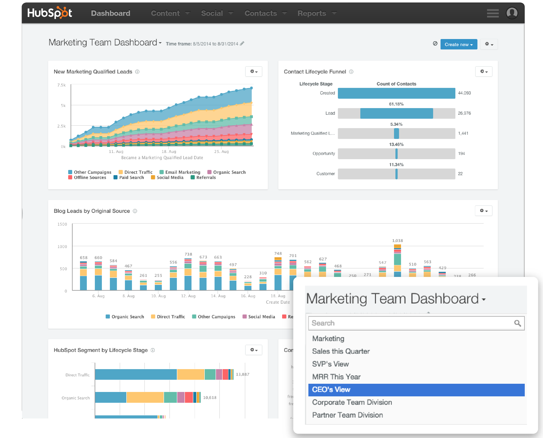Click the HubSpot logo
click(50, 13)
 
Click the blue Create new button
click(458, 44)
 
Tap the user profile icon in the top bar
click(512, 13)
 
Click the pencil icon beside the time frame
click(242, 44)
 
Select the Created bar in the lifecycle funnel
click(396, 93)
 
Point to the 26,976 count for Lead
click(464, 113)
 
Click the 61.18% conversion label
click(396, 104)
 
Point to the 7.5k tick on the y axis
click(61, 85)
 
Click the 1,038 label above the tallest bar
click(397, 241)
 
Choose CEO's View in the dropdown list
click(416, 390)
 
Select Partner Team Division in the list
click(347, 415)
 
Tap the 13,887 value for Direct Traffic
click(242, 374)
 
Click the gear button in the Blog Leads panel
click(483, 211)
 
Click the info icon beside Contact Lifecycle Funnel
click(351, 72)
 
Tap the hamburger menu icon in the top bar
click(492, 13)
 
